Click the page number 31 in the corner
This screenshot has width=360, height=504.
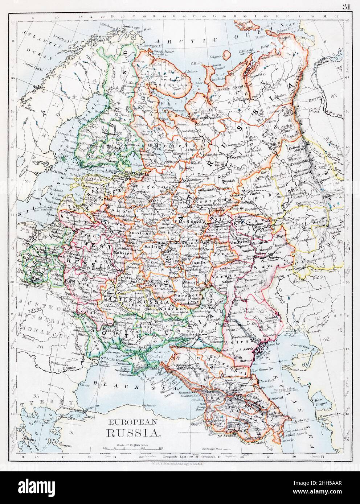click(345, 5)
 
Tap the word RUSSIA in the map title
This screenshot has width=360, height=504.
click(131, 432)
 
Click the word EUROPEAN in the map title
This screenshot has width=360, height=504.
click(131, 422)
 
